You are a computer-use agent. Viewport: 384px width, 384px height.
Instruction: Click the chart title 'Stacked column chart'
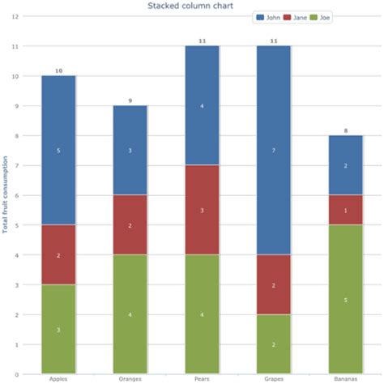(x=190, y=6)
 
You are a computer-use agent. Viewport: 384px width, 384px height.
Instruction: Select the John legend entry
(x=270, y=17)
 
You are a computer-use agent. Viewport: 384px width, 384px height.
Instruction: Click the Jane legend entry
(x=297, y=17)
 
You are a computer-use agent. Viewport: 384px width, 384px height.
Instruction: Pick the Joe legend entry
(x=322, y=17)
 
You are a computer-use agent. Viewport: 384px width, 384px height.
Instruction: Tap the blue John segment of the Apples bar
(x=58, y=150)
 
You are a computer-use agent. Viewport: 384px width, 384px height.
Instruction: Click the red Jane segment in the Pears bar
(x=202, y=209)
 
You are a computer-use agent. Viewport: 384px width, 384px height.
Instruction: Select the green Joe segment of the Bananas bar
(x=345, y=299)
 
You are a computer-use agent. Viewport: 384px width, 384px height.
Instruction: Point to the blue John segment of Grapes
(x=273, y=150)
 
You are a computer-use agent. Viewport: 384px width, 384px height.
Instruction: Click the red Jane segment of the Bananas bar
(x=345, y=210)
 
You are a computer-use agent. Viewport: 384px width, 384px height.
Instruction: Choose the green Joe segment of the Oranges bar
(x=130, y=314)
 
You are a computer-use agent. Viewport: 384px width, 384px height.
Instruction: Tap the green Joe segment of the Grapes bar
(x=273, y=343)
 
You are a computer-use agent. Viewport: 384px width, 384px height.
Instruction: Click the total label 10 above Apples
(x=58, y=70)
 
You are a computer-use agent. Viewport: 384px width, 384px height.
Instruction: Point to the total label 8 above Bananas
(x=345, y=130)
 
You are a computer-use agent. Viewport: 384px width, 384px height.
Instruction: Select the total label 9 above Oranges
(x=130, y=100)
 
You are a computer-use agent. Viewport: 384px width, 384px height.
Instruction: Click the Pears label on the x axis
(x=202, y=378)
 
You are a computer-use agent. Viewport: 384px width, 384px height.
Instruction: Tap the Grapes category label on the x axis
(x=273, y=378)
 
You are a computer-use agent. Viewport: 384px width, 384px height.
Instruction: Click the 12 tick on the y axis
(x=15, y=16)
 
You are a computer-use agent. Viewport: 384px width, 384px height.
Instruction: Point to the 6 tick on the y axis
(x=16, y=195)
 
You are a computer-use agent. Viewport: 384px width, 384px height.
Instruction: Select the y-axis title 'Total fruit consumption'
(x=6, y=194)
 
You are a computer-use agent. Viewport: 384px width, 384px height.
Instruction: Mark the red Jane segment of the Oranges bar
(x=130, y=224)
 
